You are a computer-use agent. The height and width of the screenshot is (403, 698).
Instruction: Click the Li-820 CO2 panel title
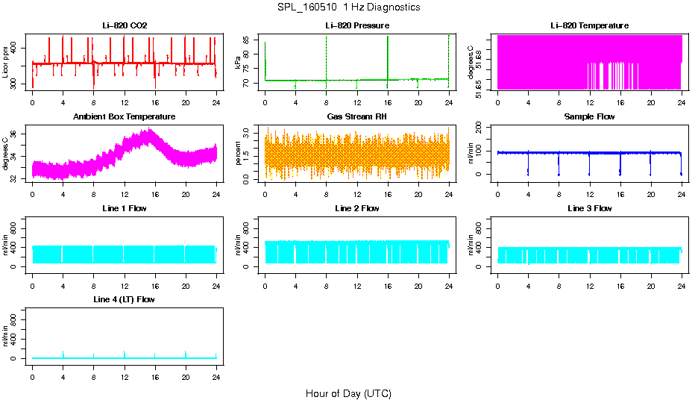pyautogui.click(x=125, y=25)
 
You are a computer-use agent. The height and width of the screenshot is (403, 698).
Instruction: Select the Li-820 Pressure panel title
pyautogui.click(x=357, y=25)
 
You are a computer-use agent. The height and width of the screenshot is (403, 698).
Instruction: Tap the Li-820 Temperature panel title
pyautogui.click(x=589, y=25)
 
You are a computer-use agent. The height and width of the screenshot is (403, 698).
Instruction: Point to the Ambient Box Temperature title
pyautogui.click(x=125, y=117)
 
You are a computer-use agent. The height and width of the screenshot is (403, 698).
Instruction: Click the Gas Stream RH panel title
pyautogui.click(x=357, y=117)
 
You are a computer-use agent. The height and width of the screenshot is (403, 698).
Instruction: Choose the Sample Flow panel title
pyautogui.click(x=589, y=117)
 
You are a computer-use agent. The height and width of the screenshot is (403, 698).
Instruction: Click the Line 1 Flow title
pyautogui.click(x=125, y=208)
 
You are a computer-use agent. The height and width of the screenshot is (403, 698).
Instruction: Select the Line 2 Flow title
pyautogui.click(x=357, y=208)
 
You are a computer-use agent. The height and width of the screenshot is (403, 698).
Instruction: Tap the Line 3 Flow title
pyautogui.click(x=589, y=208)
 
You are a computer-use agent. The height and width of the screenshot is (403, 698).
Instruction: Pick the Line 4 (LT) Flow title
pyautogui.click(x=125, y=299)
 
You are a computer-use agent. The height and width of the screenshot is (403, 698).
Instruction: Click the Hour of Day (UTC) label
pyautogui.click(x=348, y=393)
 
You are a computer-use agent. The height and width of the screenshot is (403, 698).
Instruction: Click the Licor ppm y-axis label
pyautogui.click(x=6, y=62)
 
